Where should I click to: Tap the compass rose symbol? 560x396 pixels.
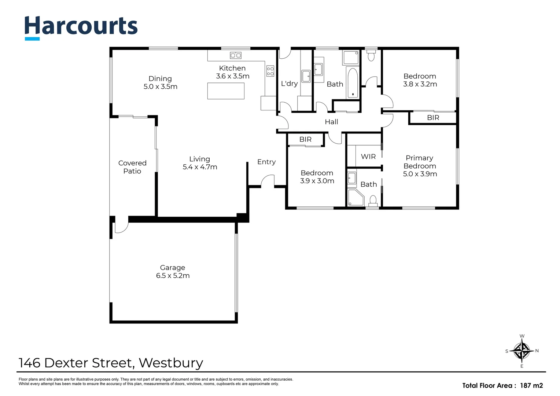click(522, 351)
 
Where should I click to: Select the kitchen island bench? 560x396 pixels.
click(226, 91)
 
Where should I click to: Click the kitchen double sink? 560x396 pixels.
click(235, 55)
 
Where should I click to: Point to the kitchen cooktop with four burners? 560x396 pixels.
click(270, 71)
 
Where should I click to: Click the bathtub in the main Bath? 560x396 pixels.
click(353, 83)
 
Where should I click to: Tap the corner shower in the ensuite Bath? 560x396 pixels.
click(355, 197)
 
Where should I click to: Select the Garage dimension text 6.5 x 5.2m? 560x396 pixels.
click(173, 276)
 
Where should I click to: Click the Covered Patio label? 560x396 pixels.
click(132, 167)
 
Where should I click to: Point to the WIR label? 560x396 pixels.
click(368, 157)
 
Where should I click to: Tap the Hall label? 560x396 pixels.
click(331, 122)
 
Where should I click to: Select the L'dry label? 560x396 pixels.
click(289, 84)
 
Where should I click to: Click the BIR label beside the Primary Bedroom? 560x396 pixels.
click(433, 118)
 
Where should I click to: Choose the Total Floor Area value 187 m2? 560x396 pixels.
click(531, 385)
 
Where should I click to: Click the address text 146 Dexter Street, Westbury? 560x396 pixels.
click(111, 363)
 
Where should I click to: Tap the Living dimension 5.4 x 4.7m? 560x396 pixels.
click(200, 167)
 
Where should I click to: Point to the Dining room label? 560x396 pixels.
click(160, 78)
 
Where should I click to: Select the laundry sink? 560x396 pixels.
click(306, 76)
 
